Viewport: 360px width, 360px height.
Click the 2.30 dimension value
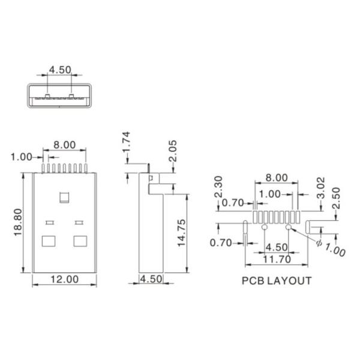219,187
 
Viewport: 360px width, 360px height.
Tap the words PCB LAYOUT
277,280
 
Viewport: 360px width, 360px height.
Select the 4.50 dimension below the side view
151,278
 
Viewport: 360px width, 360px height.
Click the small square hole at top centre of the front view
64,196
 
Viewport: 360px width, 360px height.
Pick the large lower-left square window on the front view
49,241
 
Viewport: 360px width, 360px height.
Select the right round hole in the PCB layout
289,228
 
